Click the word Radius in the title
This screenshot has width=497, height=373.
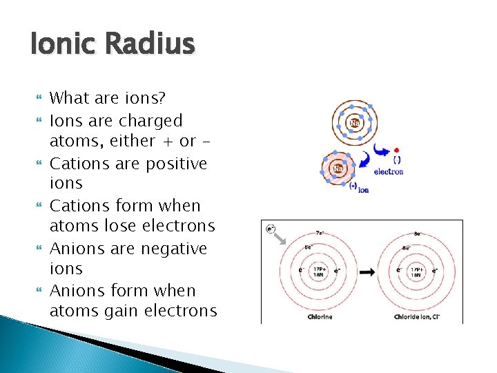150,45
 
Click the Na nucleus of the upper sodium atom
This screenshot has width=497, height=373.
355,123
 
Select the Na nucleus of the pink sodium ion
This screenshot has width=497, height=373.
338,168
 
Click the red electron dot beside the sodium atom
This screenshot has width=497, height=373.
396,150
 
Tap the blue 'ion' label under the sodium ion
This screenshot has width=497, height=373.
363,189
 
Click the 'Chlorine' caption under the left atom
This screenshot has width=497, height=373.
320,317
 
